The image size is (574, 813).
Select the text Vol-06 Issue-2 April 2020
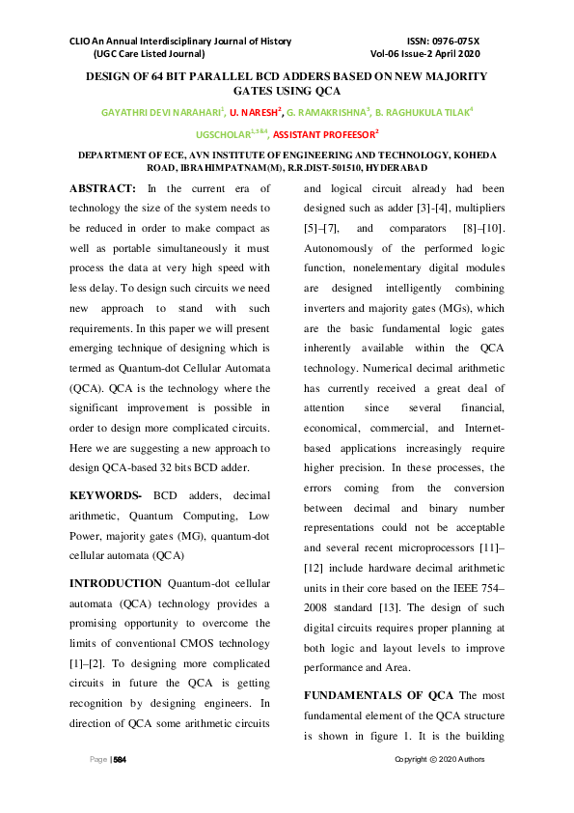point(424,55)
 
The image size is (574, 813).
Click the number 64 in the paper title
point(150,75)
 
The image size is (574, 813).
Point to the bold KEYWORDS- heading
point(106,494)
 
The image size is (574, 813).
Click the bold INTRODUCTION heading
point(116,583)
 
